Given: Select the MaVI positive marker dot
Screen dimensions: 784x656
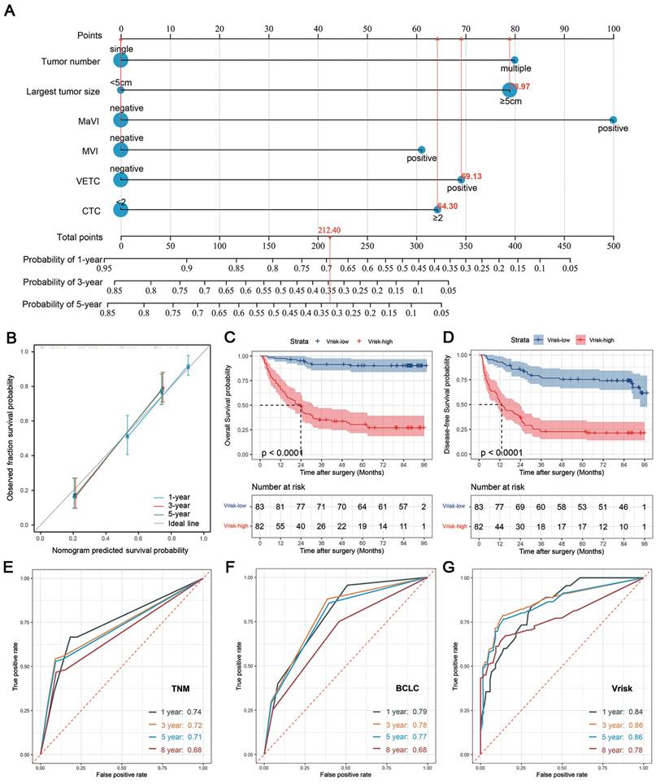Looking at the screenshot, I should point(613,120).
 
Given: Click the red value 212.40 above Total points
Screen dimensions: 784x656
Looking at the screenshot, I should point(329,230).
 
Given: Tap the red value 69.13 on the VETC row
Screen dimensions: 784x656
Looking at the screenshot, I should point(471,176).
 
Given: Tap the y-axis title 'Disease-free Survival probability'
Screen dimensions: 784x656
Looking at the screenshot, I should point(463,403).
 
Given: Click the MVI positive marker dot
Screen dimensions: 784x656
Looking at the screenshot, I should point(421,150).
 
